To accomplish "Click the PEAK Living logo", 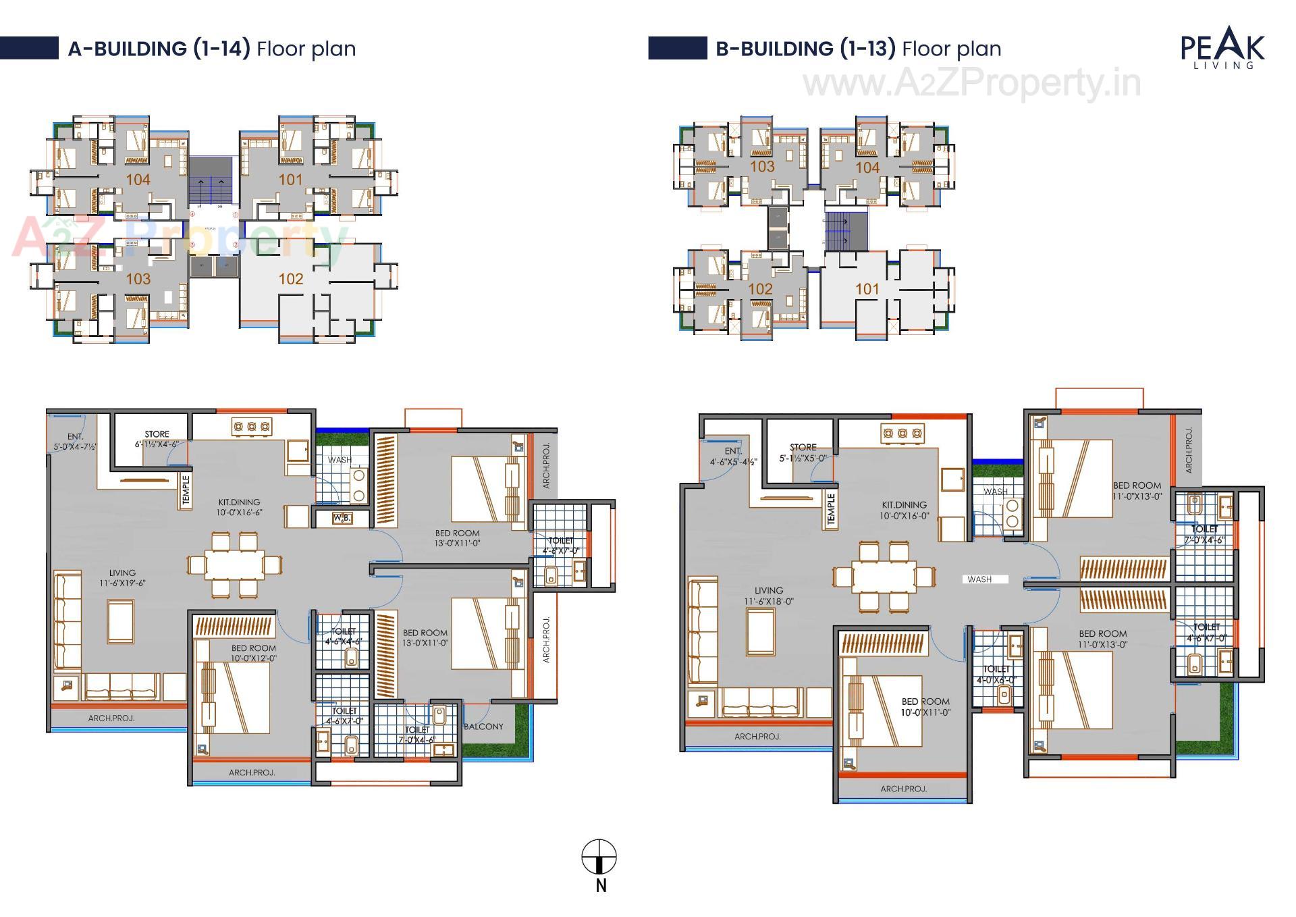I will point(1222,49).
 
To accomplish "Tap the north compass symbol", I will point(599,859).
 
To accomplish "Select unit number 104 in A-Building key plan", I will point(138,180).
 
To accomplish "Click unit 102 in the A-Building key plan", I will point(290,279).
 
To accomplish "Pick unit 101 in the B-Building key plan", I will point(867,290).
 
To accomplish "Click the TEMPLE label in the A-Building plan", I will point(186,490).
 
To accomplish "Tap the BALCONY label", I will point(483,727).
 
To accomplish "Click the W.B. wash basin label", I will point(342,519).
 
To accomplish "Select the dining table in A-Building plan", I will point(235,565).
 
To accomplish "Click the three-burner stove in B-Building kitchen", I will point(902,434).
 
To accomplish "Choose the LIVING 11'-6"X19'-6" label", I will point(122,578).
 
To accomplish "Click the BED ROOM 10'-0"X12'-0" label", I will point(253,653).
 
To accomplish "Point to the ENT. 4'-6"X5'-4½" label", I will point(733,456).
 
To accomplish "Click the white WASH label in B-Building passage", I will point(979,579).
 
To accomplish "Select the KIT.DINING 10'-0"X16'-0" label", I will point(904,510).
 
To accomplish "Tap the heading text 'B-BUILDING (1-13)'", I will point(805,49).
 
